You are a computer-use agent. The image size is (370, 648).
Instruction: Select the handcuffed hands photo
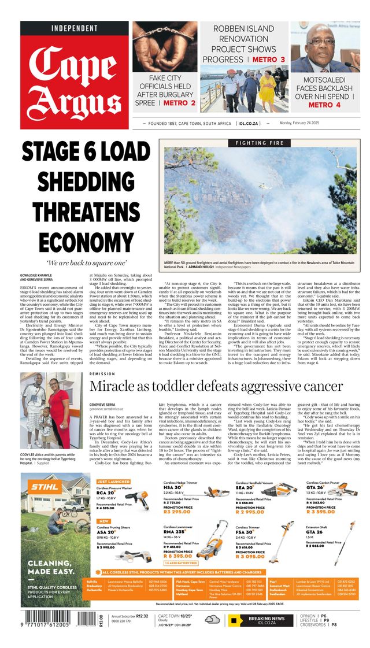[165, 47]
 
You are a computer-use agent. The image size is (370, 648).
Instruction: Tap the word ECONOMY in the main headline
[78, 241]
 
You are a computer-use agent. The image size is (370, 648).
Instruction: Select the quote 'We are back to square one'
[78, 264]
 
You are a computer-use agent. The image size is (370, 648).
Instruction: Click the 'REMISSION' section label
[103, 374]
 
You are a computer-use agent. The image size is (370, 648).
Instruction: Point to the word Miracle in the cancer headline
[119, 387]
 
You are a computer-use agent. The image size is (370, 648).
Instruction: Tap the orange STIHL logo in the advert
[45, 487]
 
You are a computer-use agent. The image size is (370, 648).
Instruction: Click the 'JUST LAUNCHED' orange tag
[113, 482]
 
